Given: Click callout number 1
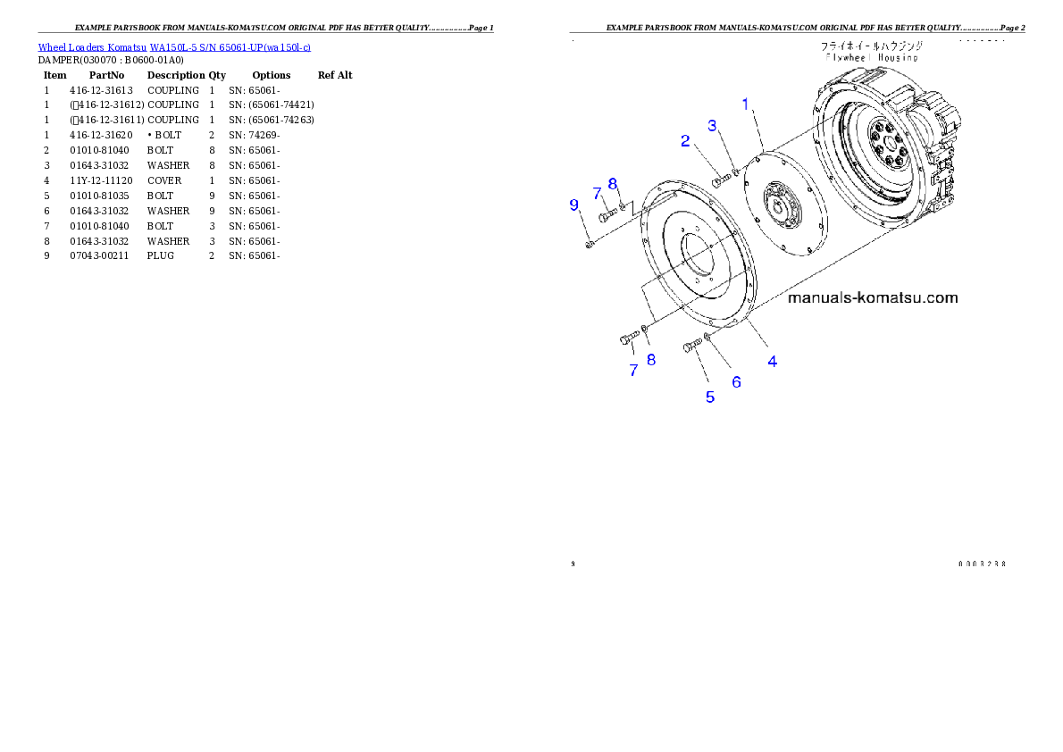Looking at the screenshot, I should tap(746, 104).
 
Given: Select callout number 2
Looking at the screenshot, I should tap(685, 140).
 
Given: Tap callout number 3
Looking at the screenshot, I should tap(713, 126).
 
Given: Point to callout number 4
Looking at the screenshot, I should tap(773, 361).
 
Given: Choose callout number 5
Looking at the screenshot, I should tap(710, 397).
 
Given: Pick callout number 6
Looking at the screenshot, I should tap(737, 381).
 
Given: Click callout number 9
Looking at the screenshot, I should tap(574, 205).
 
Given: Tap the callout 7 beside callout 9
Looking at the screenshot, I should tap(596, 193).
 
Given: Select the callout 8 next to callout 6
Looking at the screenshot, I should tap(651, 359).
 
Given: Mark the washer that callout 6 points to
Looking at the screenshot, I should tap(707, 337).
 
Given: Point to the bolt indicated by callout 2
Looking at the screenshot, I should tap(719, 182).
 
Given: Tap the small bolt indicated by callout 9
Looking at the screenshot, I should tap(590, 244).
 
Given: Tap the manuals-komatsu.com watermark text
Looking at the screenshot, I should tap(872, 297).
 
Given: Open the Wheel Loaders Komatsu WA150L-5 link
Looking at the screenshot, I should tap(174, 46).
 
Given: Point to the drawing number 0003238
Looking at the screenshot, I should tap(983, 564).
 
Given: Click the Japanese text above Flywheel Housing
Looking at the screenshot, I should tap(872, 45).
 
